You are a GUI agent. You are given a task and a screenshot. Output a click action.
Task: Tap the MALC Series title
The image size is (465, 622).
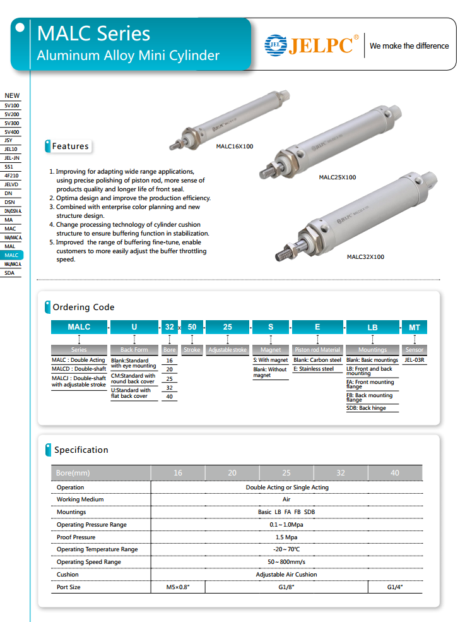point(93,33)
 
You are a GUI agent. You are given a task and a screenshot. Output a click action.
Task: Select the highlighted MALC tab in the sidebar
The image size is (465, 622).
point(11,255)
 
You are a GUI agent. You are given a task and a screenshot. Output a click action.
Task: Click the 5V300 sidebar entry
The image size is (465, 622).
point(11,123)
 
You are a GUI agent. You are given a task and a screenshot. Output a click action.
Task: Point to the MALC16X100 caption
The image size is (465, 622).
point(234,147)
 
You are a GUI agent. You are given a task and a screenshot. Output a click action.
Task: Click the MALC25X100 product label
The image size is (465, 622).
point(337,177)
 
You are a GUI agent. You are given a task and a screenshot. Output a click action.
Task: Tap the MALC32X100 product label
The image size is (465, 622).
point(365,257)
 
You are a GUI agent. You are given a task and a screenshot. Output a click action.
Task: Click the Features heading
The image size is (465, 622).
point(70,147)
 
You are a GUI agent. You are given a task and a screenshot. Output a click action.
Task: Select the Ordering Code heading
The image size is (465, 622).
point(83,308)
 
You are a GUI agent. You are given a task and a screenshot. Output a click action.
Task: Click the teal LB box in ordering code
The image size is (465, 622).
point(372,327)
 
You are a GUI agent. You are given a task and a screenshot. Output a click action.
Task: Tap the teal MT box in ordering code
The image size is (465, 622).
point(415,327)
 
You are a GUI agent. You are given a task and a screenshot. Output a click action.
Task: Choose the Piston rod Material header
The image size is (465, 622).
point(317,350)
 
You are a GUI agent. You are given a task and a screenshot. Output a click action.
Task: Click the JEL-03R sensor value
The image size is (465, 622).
point(415,360)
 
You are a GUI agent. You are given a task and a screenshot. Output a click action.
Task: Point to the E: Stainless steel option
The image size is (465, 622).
point(314,369)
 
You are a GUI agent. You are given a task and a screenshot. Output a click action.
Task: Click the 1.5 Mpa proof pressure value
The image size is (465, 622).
point(286,537)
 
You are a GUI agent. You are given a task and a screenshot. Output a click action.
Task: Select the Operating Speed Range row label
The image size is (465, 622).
point(88,562)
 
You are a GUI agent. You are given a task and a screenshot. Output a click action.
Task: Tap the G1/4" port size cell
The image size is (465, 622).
point(395,587)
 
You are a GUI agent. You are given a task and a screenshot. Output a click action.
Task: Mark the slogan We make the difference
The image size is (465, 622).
point(409,46)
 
